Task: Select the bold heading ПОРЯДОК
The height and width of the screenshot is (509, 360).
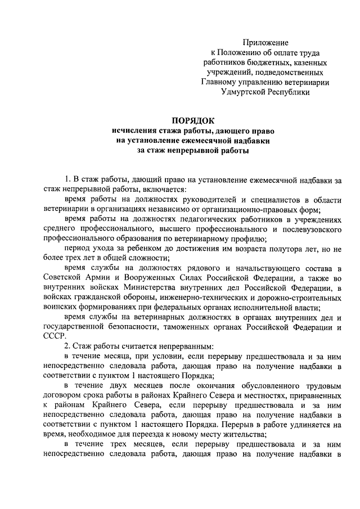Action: [193, 120]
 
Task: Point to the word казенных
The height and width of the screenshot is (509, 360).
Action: [308, 62]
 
